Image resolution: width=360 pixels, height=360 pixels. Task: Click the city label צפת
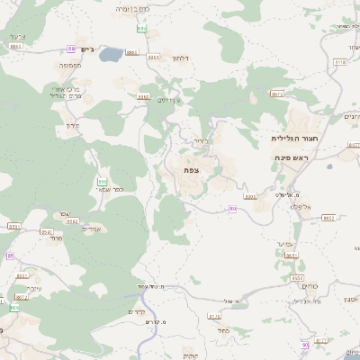[190, 169]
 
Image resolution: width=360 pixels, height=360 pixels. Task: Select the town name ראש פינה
[292, 157]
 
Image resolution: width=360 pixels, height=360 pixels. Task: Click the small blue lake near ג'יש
[111, 57]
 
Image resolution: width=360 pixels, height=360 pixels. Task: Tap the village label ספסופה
[73, 66]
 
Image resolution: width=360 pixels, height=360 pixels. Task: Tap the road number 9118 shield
[339, 61]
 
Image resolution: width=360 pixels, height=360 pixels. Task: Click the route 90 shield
[305, 345]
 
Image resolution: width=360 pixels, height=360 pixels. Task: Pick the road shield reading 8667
[143, 96]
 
